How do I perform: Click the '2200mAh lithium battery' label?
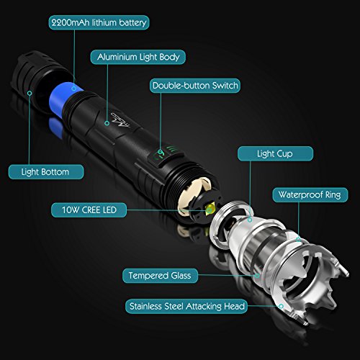point(99,22)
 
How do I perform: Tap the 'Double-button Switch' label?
point(195,86)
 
